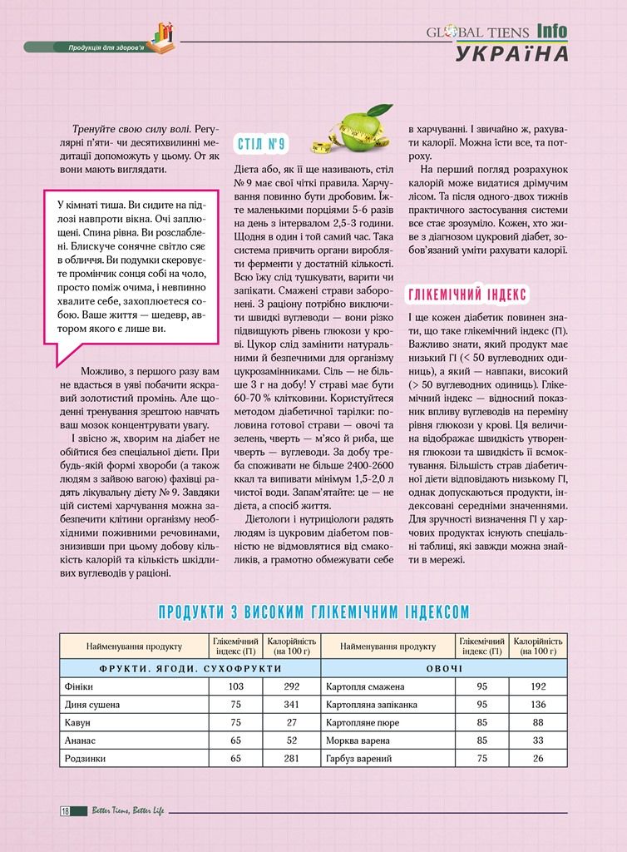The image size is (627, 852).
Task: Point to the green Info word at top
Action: [x=551, y=32]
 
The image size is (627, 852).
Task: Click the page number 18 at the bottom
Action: [x=64, y=811]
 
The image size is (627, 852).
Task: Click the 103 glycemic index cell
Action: [x=235, y=687]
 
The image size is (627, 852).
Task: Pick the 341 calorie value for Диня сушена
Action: [x=291, y=705]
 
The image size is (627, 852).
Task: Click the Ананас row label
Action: [x=80, y=741]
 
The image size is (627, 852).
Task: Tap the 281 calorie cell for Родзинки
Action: [x=291, y=759]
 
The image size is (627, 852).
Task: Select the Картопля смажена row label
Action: [x=366, y=687]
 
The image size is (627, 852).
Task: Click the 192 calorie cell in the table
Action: [x=538, y=687]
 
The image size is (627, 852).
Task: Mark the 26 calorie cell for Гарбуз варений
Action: [x=538, y=759]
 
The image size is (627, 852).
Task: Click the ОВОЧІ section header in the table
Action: [x=444, y=668]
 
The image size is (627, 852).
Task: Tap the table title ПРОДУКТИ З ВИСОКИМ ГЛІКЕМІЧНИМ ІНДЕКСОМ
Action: [x=313, y=612]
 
